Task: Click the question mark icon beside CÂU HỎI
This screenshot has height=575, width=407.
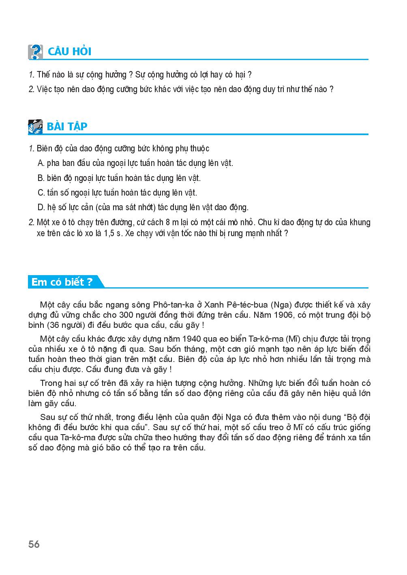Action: [x=35, y=52]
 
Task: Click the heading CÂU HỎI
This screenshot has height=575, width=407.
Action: [x=69, y=52]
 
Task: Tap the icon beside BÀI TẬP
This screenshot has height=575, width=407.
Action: [x=35, y=126]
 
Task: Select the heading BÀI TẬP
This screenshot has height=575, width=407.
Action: [x=67, y=126]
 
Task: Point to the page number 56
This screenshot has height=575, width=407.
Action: [x=34, y=544]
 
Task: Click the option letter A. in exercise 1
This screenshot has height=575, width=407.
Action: [x=41, y=163]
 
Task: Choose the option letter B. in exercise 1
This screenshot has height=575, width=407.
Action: [x=41, y=178]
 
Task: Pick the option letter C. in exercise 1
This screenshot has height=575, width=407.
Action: [x=41, y=193]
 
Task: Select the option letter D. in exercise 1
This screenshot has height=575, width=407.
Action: [x=41, y=207]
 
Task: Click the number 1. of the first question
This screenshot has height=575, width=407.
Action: [x=31, y=75]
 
